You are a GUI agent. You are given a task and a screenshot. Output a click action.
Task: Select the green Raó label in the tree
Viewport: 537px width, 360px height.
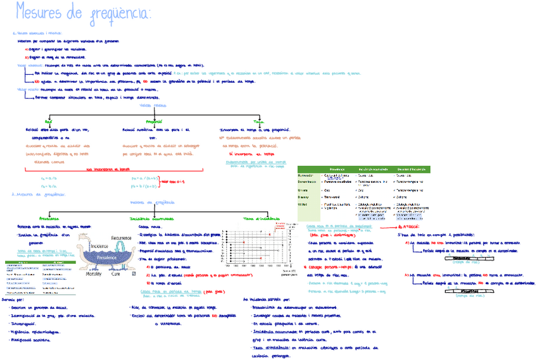tap(49, 121)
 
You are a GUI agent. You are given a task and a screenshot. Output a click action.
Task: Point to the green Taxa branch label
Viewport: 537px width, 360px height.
tap(259, 121)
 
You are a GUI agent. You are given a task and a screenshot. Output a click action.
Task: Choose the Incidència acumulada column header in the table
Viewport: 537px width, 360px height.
tap(374, 169)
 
